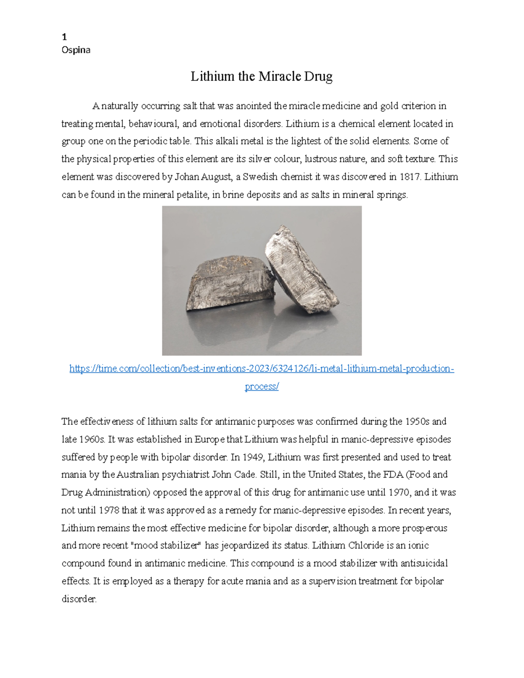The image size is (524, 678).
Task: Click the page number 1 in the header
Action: click(64, 37)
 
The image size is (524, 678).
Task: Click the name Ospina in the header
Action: click(76, 50)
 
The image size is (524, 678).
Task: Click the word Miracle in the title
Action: click(279, 77)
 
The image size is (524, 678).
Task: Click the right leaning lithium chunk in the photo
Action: click(301, 271)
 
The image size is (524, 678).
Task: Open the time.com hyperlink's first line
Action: click(262, 369)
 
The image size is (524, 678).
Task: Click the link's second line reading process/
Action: click(262, 387)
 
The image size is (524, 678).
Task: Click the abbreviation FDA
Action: click(393, 475)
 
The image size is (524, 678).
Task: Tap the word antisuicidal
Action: click(421, 564)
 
